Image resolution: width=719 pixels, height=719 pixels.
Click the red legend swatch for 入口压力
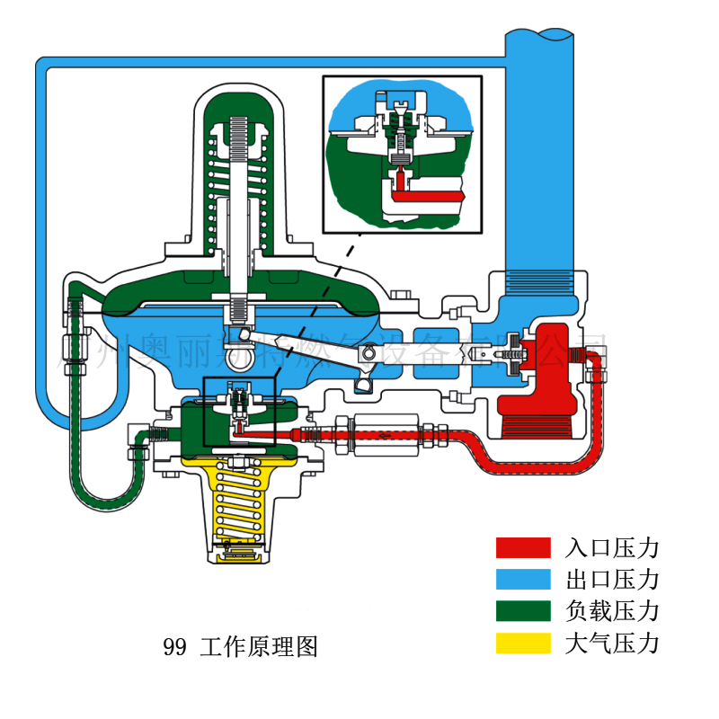522,547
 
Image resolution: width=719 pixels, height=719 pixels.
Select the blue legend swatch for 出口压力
522,579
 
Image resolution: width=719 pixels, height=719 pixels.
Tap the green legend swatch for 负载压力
522,611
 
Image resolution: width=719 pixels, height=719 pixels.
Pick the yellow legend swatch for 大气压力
522,643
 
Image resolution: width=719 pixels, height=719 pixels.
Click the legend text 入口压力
612,547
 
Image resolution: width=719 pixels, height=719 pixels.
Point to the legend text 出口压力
612,579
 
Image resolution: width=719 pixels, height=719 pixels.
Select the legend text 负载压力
612,611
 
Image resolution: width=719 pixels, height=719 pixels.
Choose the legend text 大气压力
612,643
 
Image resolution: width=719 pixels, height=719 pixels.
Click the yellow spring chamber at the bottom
237,508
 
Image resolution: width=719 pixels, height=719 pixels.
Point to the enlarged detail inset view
402,152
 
